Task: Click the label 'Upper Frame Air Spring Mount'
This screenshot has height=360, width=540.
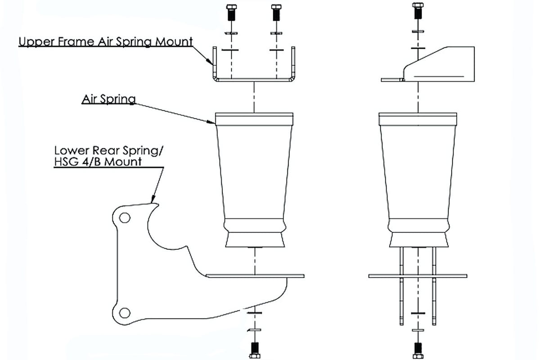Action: (x=106, y=42)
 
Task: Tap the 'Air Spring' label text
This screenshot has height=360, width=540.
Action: (x=108, y=99)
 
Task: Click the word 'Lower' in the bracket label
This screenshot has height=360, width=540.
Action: (x=67, y=150)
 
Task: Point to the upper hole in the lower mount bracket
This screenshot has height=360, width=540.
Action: (x=125, y=218)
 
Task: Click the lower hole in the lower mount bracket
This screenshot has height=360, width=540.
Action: (x=125, y=312)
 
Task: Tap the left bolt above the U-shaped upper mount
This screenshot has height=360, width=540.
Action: (x=232, y=13)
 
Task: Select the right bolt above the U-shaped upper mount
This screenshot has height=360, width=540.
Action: (x=276, y=13)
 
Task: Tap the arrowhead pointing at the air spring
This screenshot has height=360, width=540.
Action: (x=212, y=121)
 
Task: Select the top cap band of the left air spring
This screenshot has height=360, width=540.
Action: (x=254, y=118)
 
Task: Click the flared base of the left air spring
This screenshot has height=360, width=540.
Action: (x=255, y=239)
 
